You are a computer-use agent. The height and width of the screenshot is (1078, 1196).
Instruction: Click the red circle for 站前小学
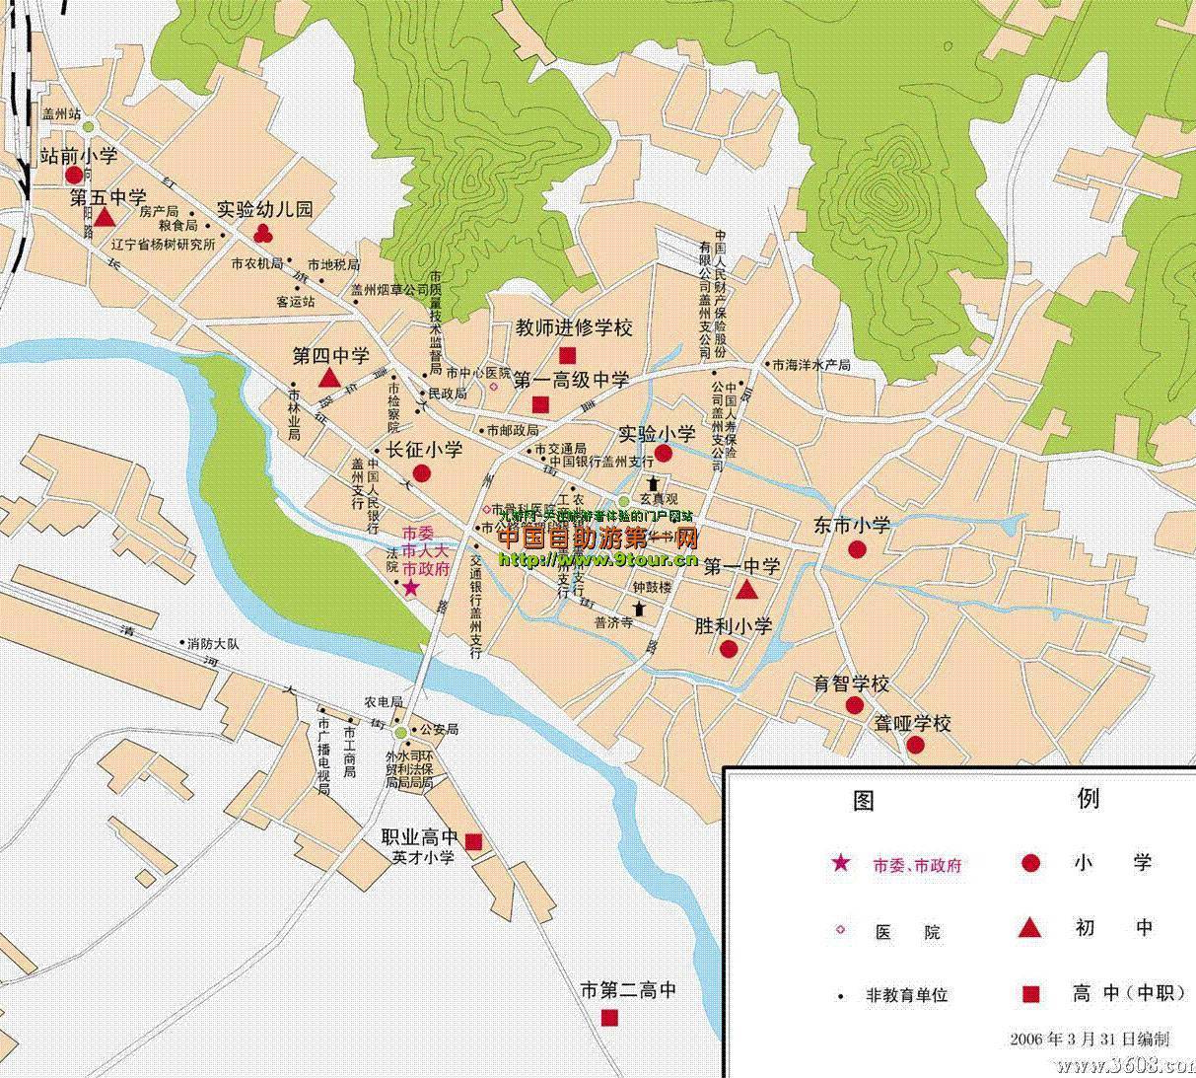point(74,176)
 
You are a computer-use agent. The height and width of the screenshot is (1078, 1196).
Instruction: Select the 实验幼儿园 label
point(264,209)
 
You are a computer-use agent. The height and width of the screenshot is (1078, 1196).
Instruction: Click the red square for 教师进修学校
point(568,355)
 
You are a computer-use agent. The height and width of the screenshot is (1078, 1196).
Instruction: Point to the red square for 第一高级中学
point(540,404)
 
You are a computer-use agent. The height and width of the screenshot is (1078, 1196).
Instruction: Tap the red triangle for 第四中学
point(330,379)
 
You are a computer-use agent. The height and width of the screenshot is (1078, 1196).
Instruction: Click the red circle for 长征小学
point(421,473)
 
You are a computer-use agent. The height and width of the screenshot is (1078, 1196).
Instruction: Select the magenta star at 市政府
point(410,588)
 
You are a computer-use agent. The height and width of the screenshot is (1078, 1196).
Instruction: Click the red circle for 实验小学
point(664,454)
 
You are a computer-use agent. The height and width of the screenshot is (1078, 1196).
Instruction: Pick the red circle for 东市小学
point(857,549)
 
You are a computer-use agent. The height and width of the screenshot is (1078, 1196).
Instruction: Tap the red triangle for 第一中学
point(746,591)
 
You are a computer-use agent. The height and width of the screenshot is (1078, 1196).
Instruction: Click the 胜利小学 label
point(733,626)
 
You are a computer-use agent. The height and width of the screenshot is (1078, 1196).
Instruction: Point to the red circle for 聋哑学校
point(916,745)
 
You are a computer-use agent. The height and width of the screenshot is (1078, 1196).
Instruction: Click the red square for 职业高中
point(473,841)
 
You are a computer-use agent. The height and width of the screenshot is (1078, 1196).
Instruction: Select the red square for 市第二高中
point(610,1017)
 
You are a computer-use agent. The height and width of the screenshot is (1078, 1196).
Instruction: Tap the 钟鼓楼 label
point(652,587)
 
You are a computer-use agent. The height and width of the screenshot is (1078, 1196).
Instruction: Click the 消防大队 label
point(213,644)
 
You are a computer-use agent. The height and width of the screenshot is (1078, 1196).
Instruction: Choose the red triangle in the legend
point(1030,927)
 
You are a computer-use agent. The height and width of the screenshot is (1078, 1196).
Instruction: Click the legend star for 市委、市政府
point(840,864)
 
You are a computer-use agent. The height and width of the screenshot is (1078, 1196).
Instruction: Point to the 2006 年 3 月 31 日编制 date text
point(1090,1039)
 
